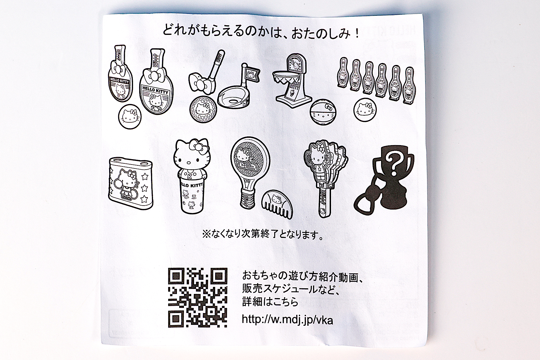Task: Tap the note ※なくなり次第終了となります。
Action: click(263, 235)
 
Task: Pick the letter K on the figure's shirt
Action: click(189, 176)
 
